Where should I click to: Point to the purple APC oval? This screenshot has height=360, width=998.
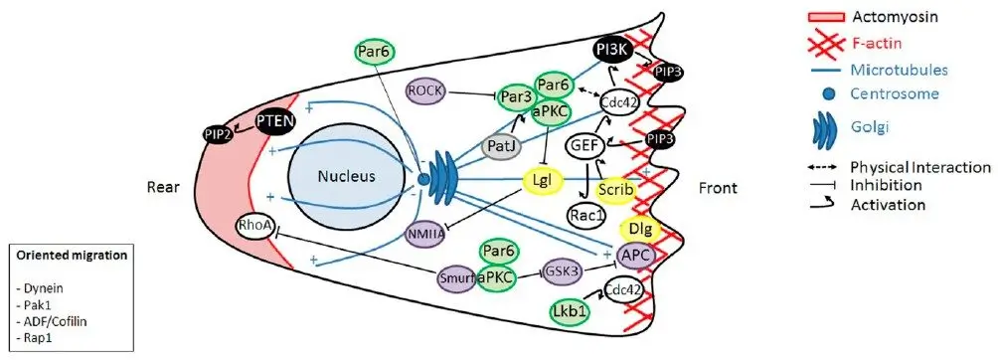(635, 259)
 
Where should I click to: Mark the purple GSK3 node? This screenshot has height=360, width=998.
(564, 270)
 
